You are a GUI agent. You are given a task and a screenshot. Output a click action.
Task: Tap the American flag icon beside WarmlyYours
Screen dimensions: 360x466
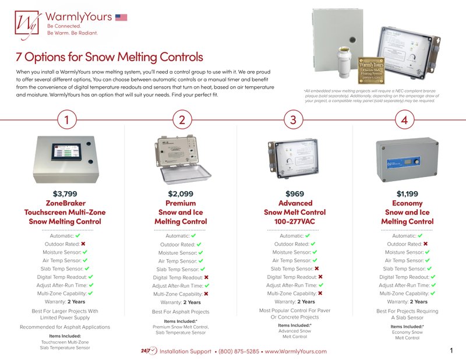coord(121,17)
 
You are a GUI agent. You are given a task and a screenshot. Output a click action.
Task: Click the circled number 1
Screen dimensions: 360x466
coord(68,120)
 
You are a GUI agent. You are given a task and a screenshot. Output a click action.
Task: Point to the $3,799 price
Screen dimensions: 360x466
coord(65,193)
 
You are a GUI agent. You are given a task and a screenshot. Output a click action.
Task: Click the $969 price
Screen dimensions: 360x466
coord(295,193)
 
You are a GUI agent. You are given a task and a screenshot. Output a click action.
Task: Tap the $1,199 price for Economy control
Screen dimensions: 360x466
coord(407,193)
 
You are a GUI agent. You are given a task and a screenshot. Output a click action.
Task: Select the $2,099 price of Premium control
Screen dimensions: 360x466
coord(181,193)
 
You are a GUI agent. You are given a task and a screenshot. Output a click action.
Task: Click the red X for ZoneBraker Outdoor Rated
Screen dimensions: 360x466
coord(84,244)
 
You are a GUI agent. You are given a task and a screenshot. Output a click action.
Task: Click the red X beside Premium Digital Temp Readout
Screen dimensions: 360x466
coord(207,278)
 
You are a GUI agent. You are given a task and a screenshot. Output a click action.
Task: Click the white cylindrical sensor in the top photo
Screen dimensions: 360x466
coord(344,68)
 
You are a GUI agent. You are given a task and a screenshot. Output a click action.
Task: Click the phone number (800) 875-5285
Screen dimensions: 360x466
coord(239,351)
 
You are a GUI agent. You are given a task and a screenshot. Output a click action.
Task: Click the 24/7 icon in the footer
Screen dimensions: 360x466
coord(149,351)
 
